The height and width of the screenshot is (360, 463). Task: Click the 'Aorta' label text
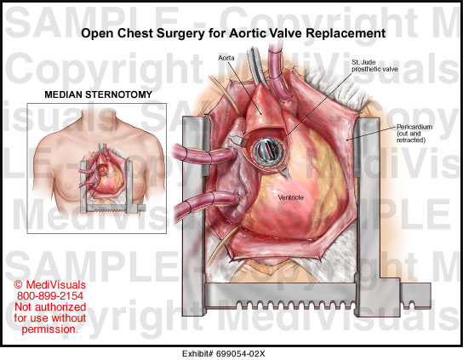point(226,58)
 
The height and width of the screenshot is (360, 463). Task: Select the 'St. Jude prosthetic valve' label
point(374,66)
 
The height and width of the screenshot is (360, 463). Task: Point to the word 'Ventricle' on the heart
point(290,197)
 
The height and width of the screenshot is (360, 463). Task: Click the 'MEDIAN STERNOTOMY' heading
point(99,94)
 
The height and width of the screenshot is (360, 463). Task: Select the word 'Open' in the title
point(97,34)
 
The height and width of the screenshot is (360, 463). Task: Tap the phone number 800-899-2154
point(50,296)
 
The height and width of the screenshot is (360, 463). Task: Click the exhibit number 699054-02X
point(241,353)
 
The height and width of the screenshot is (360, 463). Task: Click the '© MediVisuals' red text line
point(50,285)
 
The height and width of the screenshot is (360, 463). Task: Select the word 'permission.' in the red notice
point(50,329)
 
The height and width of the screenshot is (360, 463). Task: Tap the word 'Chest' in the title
point(135,33)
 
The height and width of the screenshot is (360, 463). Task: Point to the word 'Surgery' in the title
point(180,34)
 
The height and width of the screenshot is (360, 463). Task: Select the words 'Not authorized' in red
point(50,307)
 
